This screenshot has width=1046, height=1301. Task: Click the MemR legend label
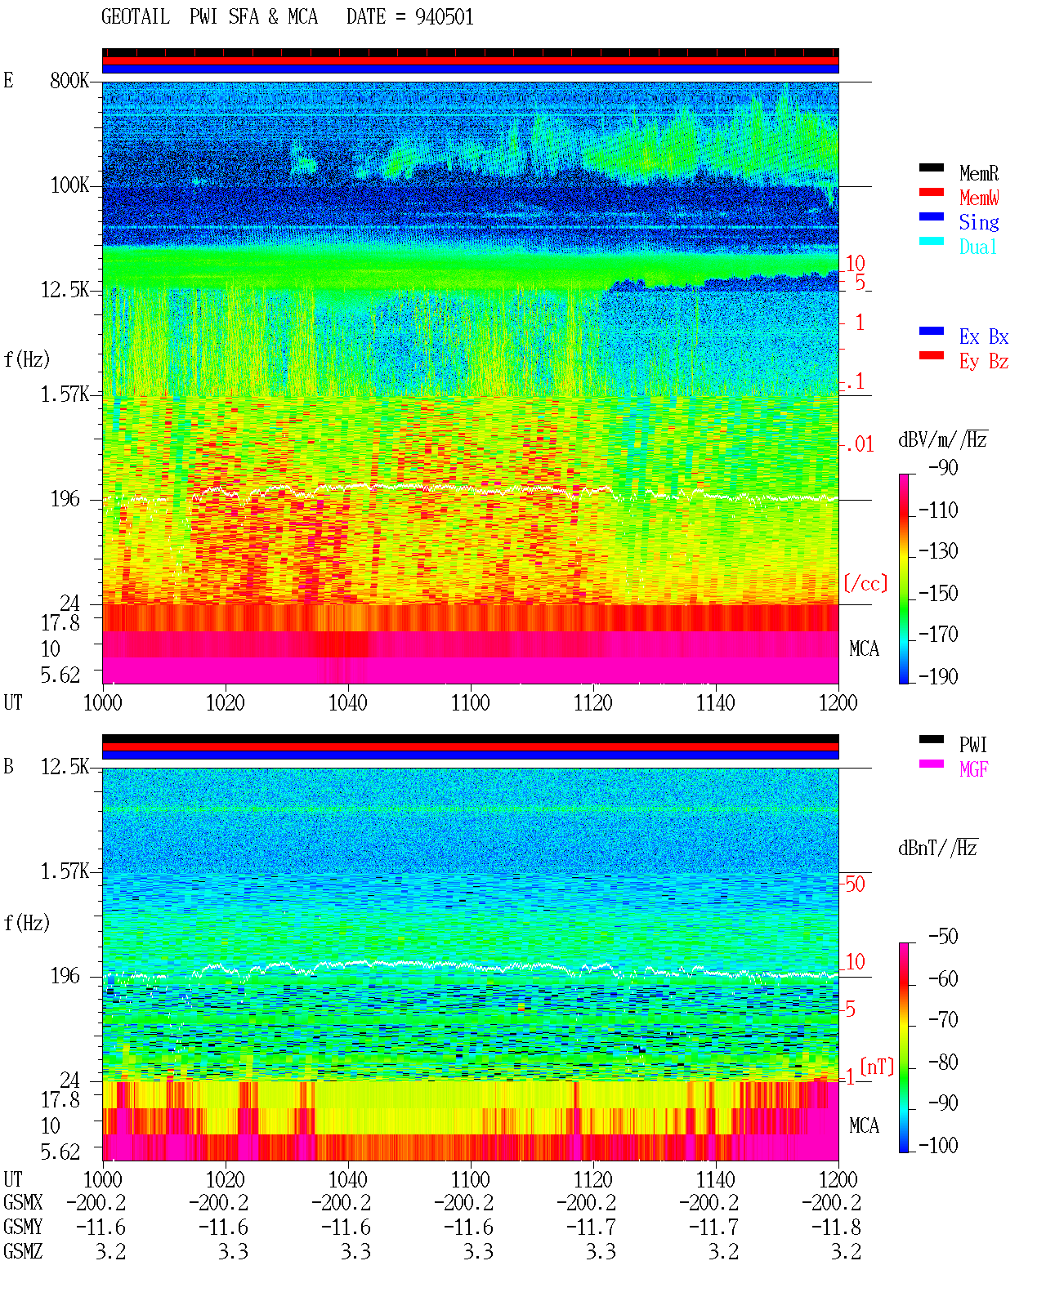[978, 173]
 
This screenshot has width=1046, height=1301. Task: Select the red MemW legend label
[978, 198]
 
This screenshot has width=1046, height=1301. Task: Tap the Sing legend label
[978, 222]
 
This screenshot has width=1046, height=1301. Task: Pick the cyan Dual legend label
[977, 247]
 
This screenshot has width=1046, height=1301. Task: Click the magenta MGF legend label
[973, 769]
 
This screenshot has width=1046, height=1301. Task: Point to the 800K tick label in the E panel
[69, 80]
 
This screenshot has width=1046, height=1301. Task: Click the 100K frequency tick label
[69, 185]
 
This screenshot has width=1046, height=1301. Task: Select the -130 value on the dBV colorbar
[938, 551]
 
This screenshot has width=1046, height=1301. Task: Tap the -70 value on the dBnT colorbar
[943, 1020]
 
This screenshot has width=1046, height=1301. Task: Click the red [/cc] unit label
[865, 583]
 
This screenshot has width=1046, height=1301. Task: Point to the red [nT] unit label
[877, 1067]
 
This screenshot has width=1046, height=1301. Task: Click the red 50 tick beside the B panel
[855, 884]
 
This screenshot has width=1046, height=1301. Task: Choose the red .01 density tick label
[859, 445]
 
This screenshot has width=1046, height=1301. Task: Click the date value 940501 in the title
[444, 17]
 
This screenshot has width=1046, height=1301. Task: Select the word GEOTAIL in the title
[136, 17]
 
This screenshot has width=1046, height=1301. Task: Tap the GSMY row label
[23, 1227]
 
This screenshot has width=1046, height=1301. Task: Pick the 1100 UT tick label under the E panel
[470, 703]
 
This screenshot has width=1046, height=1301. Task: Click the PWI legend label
[973, 745]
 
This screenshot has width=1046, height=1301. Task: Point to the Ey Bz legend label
[984, 362]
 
